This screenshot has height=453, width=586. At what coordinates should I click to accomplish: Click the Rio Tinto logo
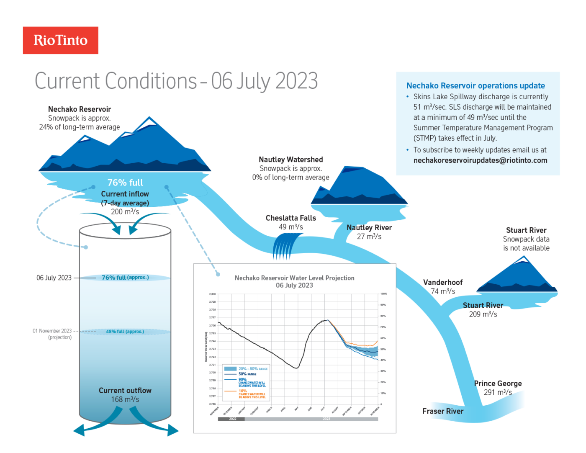pos(60,40)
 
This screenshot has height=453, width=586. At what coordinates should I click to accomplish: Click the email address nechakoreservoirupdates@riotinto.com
pos(480,160)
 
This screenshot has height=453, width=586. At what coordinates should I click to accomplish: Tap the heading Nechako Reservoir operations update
pos(475,86)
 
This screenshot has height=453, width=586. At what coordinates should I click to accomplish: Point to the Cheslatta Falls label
pos(291,218)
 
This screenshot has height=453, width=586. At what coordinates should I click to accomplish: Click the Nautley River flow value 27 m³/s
pos(369,237)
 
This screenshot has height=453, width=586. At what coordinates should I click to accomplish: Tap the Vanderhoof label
pos(443,283)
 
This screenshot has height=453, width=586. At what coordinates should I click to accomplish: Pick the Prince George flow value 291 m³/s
pos(498,392)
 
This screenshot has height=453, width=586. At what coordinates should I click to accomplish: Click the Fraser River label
pos(443,412)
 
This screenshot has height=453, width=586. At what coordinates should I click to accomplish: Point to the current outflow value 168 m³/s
pos(125,399)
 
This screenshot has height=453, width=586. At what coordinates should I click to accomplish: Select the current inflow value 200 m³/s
pos(125,212)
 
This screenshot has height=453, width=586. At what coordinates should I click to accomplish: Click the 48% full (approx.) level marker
pos(125,332)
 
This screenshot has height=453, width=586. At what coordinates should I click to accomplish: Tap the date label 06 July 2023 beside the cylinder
pos(54,278)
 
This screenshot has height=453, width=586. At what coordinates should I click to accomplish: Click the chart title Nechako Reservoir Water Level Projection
pos(294,278)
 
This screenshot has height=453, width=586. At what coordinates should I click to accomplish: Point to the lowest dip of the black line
pos(296,368)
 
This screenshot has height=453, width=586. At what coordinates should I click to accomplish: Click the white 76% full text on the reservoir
pos(125,183)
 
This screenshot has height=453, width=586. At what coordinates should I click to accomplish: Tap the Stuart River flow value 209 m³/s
pos(483,314)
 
